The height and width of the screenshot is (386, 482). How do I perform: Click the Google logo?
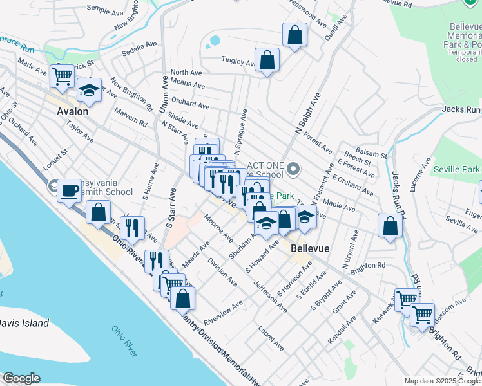21,378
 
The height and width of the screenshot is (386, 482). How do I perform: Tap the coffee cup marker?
70,190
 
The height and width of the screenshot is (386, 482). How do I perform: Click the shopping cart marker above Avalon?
63,76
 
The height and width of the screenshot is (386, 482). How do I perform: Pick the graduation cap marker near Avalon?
89,90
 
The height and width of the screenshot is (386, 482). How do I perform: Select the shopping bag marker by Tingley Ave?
267,60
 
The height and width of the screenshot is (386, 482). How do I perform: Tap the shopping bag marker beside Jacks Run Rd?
390,226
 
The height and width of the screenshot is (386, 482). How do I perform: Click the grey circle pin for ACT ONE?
294,170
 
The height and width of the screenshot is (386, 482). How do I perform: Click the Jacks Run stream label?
461,109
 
